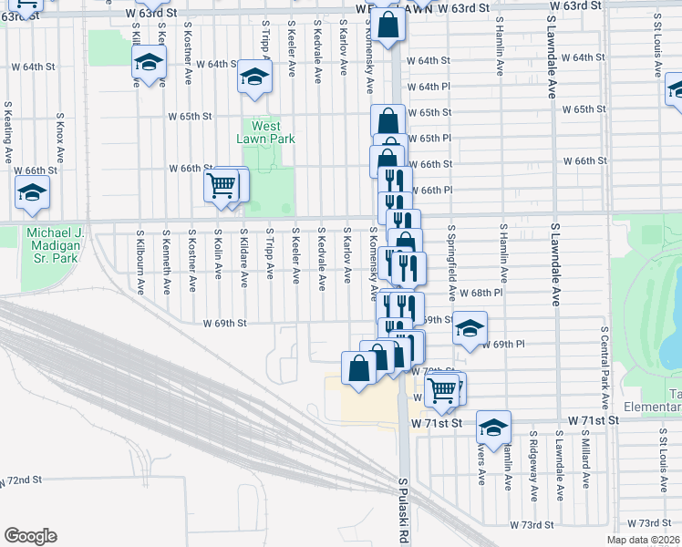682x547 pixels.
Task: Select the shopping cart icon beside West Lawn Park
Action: pyautogui.click(x=222, y=185)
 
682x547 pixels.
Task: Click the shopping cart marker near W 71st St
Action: pyautogui.click(x=442, y=389)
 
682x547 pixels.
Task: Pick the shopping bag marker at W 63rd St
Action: pyautogui.click(x=387, y=27)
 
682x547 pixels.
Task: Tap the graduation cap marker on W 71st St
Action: pyautogui.click(x=493, y=427)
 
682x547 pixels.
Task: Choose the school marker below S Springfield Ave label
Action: pyautogui.click(x=469, y=328)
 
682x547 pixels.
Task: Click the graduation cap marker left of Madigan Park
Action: pyautogui.click(x=32, y=192)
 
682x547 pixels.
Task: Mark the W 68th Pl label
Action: pyautogui.click(x=480, y=294)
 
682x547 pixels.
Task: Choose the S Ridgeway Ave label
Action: pyautogui.click(x=532, y=470)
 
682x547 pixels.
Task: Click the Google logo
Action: pyautogui.click(x=30, y=535)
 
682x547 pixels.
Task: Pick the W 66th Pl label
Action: pyautogui.click(x=437, y=190)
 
